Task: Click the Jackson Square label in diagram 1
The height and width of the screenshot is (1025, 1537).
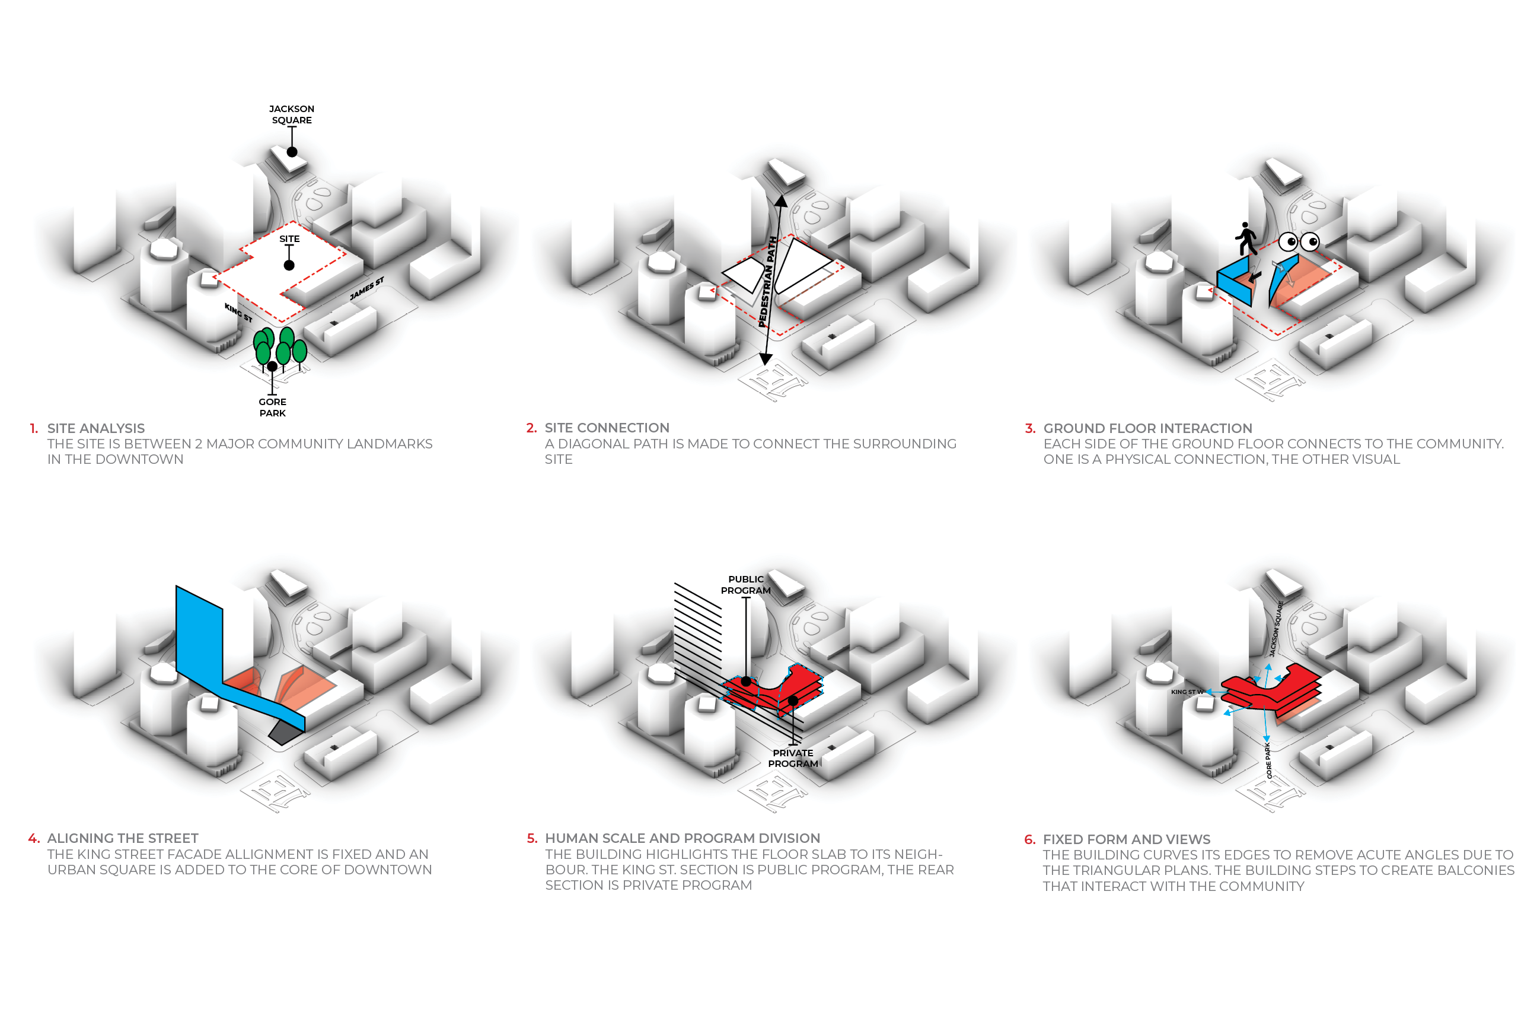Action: [292, 114]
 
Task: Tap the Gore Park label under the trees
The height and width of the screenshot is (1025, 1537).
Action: [273, 408]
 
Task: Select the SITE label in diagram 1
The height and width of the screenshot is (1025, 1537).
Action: [289, 238]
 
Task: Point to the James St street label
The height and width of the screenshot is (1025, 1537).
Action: [366, 288]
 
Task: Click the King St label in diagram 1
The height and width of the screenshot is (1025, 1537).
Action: [238, 313]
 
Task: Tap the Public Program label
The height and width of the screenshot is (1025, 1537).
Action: [745, 585]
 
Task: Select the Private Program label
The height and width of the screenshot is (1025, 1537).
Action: [793, 758]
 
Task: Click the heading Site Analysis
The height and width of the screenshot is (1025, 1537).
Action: [96, 428]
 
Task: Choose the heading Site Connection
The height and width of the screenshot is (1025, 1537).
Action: [607, 428]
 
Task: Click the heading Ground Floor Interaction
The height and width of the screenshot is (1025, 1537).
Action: [1147, 428]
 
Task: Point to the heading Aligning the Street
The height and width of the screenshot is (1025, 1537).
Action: [123, 838]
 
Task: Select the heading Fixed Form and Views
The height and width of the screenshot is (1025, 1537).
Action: [1127, 839]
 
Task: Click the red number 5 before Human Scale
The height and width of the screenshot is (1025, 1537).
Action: [531, 838]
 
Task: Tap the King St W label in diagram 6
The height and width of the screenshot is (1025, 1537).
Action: [1187, 692]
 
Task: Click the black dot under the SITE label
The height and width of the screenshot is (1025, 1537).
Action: [289, 265]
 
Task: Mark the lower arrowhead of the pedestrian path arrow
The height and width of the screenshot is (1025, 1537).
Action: [765, 359]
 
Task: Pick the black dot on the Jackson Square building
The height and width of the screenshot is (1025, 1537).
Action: [292, 152]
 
